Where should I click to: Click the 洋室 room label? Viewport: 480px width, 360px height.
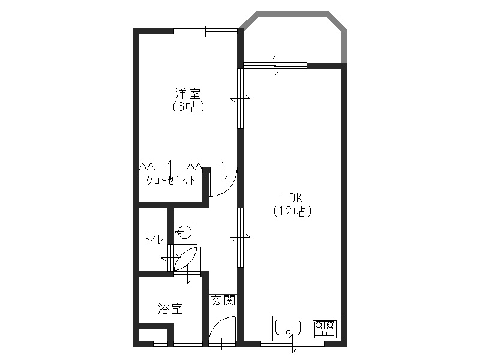[x=187, y=94]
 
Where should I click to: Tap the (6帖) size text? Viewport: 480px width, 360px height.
[x=187, y=107]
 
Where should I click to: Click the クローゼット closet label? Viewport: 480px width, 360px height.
[x=171, y=181]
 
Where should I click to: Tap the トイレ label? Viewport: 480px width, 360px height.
[x=152, y=239]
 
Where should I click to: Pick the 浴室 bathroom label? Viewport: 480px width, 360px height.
[x=170, y=309]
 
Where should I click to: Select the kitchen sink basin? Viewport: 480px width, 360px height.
[x=288, y=328]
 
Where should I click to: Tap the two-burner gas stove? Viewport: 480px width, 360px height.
[x=325, y=329]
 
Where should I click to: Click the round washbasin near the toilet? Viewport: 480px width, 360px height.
[x=184, y=231]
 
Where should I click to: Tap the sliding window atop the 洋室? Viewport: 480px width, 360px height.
[x=205, y=31]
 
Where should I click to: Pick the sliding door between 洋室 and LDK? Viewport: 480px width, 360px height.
[x=241, y=98]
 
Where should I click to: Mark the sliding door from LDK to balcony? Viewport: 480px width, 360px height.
[x=275, y=64]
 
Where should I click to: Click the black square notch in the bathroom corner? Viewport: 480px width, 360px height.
[x=152, y=334]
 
